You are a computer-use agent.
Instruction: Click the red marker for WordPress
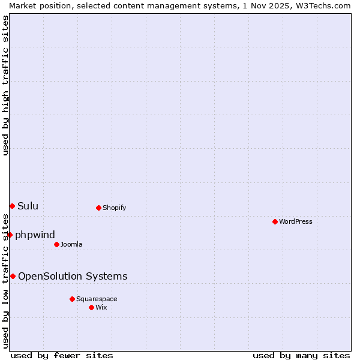coord(275,221)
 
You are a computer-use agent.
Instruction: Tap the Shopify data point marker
coord(98,208)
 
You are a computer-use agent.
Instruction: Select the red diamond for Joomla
coord(56,244)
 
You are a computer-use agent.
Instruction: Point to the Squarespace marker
coord(72,299)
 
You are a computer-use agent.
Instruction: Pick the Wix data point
coord(91,307)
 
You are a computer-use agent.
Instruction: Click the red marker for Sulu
coord(12,206)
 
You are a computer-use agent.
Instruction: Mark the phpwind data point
coord(10,235)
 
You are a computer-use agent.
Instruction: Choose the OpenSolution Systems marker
coord(13,276)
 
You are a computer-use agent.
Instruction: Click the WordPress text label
coord(296,221)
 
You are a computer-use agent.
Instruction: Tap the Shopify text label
coord(114,208)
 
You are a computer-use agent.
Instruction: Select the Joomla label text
coord(71,244)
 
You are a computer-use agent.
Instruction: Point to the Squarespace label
coord(97,299)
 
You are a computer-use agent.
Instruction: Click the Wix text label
coord(101,307)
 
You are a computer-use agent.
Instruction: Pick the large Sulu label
coord(28,206)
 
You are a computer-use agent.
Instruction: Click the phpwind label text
coord(35,235)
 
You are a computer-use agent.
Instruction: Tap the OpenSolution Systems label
coord(73,276)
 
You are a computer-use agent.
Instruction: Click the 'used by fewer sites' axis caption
coord(62,355)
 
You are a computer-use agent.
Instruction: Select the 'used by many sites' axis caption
coord(301,355)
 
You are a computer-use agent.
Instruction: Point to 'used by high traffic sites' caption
coord(6,85)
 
